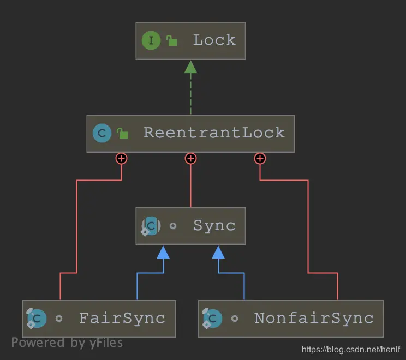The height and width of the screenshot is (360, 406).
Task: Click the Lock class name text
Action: [214, 40]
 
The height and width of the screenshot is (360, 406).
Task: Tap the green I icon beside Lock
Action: [151, 40]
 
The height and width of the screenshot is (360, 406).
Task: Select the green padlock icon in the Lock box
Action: [172, 40]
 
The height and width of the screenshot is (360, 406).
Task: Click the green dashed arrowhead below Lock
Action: [190, 67]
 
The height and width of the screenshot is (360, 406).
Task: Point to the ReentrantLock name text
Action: [214, 133]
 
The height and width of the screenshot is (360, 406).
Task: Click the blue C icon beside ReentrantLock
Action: [102, 133]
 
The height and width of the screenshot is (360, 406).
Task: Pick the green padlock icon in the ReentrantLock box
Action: [123, 133]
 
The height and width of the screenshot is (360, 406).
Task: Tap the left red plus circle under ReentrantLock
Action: [121, 158]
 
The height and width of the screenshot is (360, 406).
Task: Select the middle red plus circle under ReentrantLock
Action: [190, 158]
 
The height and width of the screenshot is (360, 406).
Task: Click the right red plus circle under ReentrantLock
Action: [260, 158]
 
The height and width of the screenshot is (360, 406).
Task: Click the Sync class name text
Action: [214, 226]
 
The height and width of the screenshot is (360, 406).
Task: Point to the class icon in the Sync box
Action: [151, 226]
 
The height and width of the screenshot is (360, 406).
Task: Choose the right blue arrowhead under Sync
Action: [218, 251]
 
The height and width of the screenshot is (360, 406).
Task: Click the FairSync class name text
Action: [122, 318]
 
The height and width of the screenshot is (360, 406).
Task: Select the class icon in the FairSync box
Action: [37, 318]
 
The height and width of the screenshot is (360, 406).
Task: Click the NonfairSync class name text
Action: [314, 318]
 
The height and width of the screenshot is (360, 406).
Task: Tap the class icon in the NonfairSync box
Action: [212, 318]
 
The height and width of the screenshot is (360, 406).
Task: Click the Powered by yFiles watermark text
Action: [67, 343]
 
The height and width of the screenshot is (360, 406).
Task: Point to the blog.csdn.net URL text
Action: [351, 349]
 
